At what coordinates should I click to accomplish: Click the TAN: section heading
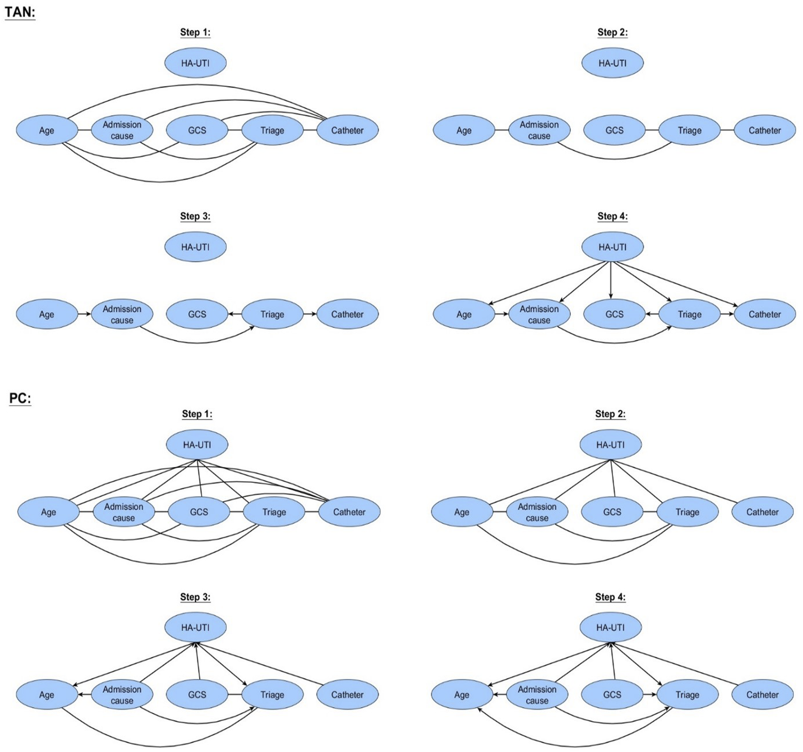tap(20, 12)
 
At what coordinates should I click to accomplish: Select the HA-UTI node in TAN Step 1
tap(196, 63)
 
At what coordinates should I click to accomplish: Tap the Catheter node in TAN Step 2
tap(765, 130)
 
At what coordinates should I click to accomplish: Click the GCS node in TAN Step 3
tap(197, 314)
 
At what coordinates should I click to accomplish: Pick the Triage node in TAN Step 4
tap(690, 314)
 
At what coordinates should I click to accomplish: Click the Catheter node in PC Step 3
tap(347, 695)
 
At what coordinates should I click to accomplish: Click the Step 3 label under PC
tap(196, 597)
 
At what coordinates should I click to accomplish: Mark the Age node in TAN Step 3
tap(47, 314)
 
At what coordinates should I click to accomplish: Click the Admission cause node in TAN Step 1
tap(122, 130)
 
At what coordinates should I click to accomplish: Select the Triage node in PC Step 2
tap(687, 512)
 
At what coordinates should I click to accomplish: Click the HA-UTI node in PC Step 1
tap(197, 445)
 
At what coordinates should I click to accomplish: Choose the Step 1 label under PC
tap(197, 414)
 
